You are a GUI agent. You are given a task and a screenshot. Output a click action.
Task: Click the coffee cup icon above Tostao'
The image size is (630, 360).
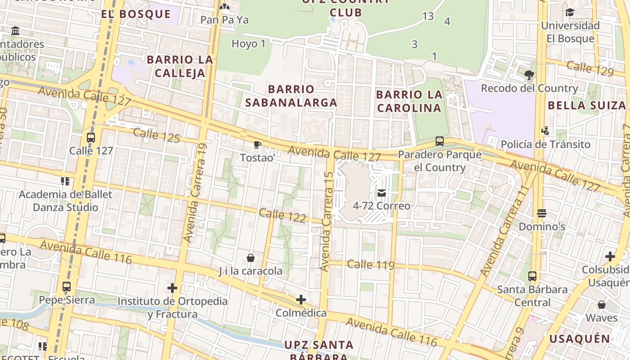pyautogui.click(x=257, y=144)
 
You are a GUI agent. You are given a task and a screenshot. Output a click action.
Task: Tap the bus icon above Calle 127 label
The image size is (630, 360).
pyautogui.click(x=91, y=138)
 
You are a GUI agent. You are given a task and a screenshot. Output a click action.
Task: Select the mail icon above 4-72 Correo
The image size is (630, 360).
pyautogui.click(x=382, y=193)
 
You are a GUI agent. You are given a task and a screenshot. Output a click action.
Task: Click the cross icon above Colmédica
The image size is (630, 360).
pyautogui.click(x=301, y=300)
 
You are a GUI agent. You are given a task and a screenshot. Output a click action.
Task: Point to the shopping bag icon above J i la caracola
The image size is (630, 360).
pyautogui.click(x=251, y=258)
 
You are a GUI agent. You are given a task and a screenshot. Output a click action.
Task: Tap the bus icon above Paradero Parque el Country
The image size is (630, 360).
pyautogui.click(x=440, y=141)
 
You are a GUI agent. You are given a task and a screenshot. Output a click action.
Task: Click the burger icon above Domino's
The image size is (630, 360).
pyautogui.click(x=542, y=213)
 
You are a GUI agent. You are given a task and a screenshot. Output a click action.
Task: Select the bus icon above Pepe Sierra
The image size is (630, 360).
pyautogui.click(x=67, y=287)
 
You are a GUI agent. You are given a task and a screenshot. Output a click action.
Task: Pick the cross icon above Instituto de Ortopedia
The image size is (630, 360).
pyautogui.click(x=172, y=288)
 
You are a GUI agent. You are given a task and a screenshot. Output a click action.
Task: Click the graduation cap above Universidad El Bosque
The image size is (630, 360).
pyautogui.click(x=570, y=13)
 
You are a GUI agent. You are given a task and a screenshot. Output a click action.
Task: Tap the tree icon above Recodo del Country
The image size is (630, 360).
pyautogui.click(x=529, y=75)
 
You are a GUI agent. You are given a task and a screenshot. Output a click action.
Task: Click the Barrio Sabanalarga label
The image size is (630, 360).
pyautogui.click(x=291, y=96)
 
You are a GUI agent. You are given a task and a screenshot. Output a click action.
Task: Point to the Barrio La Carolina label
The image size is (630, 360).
pyautogui.click(x=409, y=101)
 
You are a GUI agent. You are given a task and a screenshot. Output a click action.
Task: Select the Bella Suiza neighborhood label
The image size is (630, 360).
pyautogui.click(x=587, y=105)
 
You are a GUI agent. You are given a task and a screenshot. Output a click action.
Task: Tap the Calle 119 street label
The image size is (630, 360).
pyautogui.click(x=371, y=265)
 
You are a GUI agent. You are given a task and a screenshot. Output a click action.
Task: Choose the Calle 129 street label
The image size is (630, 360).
pyautogui.click(x=590, y=68)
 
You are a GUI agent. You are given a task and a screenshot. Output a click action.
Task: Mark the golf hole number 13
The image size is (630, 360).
pyautogui.click(x=428, y=16)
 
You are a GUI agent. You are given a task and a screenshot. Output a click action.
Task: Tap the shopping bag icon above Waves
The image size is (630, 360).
pyautogui.click(x=602, y=305)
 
